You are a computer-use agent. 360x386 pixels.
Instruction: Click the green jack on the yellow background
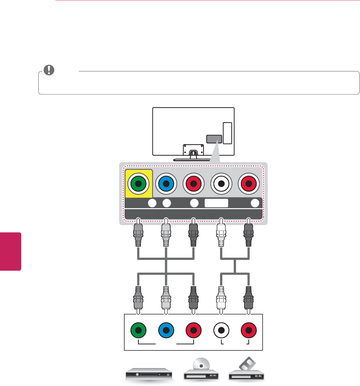click(138, 183)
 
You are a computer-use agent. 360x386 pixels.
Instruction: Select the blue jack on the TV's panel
click(166, 183)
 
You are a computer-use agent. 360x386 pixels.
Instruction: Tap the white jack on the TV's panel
click(221, 183)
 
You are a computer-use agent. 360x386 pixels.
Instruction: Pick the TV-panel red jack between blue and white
click(194, 183)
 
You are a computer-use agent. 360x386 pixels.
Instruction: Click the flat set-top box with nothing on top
click(151, 375)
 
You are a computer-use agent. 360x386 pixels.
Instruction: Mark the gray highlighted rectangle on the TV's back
click(214, 139)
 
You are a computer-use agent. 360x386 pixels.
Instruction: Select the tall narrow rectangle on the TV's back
click(228, 133)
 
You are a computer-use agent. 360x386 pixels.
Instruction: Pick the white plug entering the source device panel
click(221, 298)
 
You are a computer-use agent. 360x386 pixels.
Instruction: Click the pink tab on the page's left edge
click(10, 251)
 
